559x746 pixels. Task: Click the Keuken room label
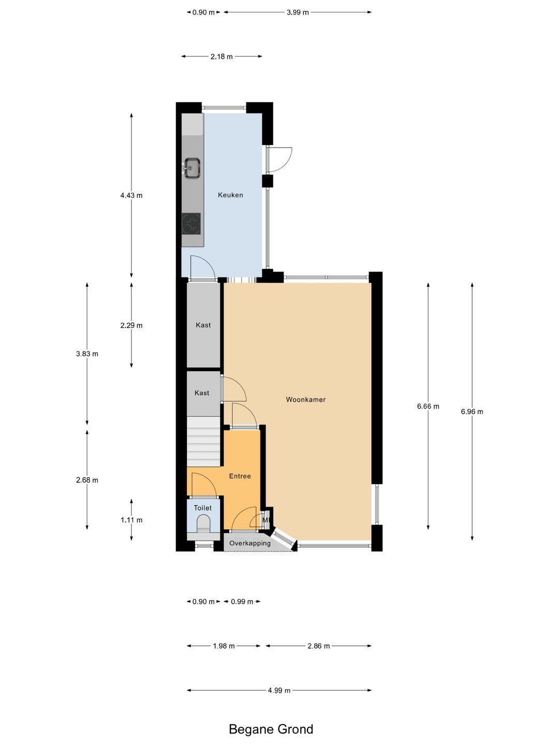click(x=230, y=195)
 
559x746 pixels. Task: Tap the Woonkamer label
click(x=305, y=399)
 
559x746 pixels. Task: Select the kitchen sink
click(x=192, y=168)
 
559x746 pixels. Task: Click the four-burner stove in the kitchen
click(x=191, y=224)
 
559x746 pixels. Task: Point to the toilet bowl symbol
click(x=203, y=524)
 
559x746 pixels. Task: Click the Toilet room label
click(x=202, y=508)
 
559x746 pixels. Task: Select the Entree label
click(x=240, y=476)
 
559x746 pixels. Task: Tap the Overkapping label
click(x=250, y=543)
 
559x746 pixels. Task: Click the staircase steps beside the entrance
click(x=203, y=442)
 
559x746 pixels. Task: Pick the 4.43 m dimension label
click(x=131, y=195)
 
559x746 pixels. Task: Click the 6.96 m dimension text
click(x=472, y=411)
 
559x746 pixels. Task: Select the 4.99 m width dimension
click(x=279, y=690)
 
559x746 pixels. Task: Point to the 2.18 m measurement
click(x=222, y=57)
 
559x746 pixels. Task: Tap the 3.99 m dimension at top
click(x=298, y=12)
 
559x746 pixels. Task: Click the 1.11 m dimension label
click(x=131, y=520)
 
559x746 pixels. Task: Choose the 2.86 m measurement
click(x=319, y=646)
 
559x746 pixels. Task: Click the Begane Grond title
click(x=271, y=729)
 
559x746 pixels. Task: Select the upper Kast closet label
click(x=203, y=325)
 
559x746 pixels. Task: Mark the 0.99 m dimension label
click(x=242, y=602)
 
